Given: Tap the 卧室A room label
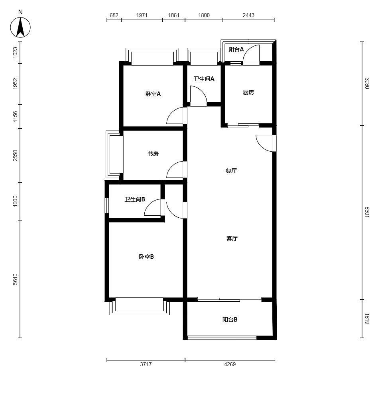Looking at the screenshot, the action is pyautogui.click(x=153, y=94).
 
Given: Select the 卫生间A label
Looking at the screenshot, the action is pyautogui.click(x=204, y=79).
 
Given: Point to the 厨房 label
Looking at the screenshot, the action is pyautogui.click(x=248, y=92).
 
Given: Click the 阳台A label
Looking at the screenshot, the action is pyautogui.click(x=236, y=49).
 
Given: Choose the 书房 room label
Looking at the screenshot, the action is pyautogui.click(x=153, y=154).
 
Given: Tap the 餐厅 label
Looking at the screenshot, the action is pyautogui.click(x=231, y=171).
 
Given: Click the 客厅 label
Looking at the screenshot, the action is pyautogui.click(x=232, y=238).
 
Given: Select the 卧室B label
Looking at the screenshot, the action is pyautogui.click(x=146, y=257).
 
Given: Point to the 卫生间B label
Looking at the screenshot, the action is pyautogui.click(x=135, y=199).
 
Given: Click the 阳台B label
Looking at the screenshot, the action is pyautogui.click(x=230, y=319).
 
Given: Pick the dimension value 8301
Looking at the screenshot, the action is pyautogui.click(x=367, y=212).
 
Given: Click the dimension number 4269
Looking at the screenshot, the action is pyautogui.click(x=230, y=364).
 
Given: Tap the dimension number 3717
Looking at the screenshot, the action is pyautogui.click(x=146, y=364).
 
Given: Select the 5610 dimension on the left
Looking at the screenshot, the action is pyautogui.click(x=15, y=279).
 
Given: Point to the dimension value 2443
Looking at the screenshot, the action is pyautogui.click(x=248, y=15).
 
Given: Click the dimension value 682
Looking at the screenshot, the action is pyautogui.click(x=114, y=15).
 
